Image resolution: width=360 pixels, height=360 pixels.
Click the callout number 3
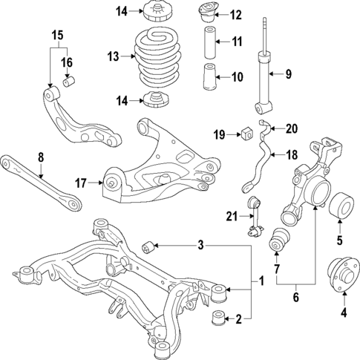click(x=201, y=246)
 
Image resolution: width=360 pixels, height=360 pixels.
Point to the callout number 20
click(x=290, y=128)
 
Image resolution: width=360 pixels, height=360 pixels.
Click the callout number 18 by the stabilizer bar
click(x=290, y=155)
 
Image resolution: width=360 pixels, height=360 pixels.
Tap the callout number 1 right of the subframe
click(x=261, y=282)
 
